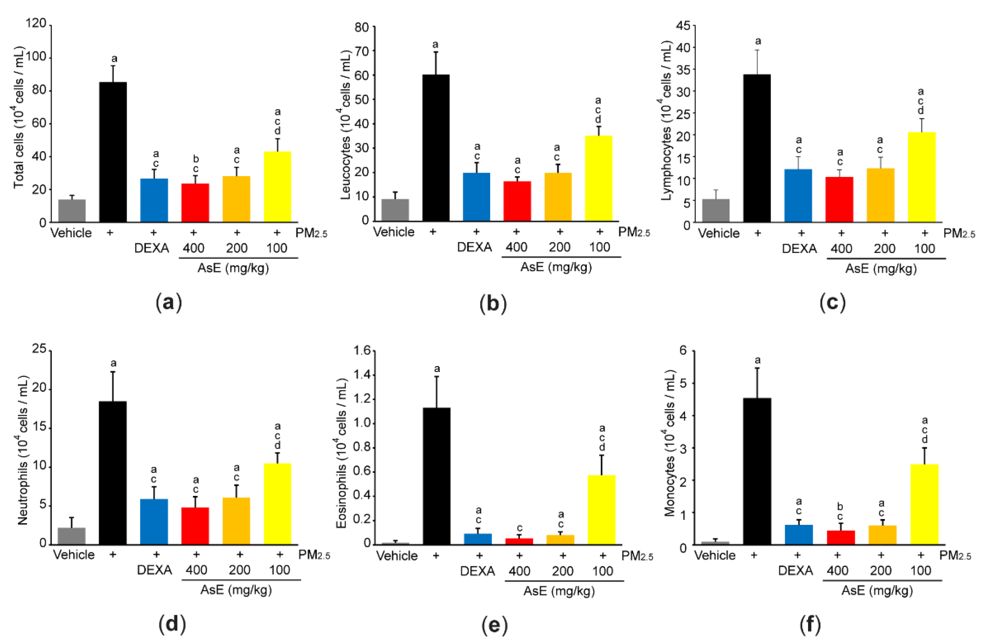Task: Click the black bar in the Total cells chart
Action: tap(113, 152)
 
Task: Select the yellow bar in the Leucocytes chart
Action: tap(598, 178)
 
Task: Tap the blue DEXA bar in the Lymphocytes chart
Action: tap(798, 195)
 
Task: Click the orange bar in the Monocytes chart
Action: tap(882, 534)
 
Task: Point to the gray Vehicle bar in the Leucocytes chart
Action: tap(395, 210)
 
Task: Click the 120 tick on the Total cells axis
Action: tap(36, 23)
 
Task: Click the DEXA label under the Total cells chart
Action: tap(152, 248)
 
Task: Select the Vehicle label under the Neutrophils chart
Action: tap(74, 554)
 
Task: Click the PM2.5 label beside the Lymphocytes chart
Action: tap(959, 233)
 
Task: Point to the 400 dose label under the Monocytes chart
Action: tap(837, 571)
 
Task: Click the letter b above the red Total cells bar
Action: tap(196, 159)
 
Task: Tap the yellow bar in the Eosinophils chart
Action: tap(601, 510)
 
